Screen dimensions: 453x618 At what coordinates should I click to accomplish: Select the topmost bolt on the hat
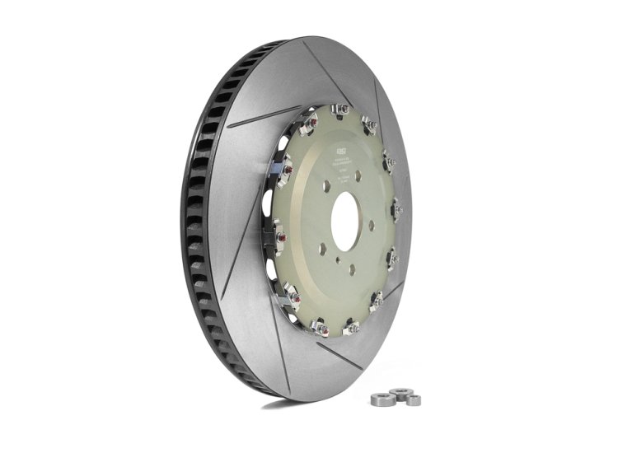click(x=339, y=109)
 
